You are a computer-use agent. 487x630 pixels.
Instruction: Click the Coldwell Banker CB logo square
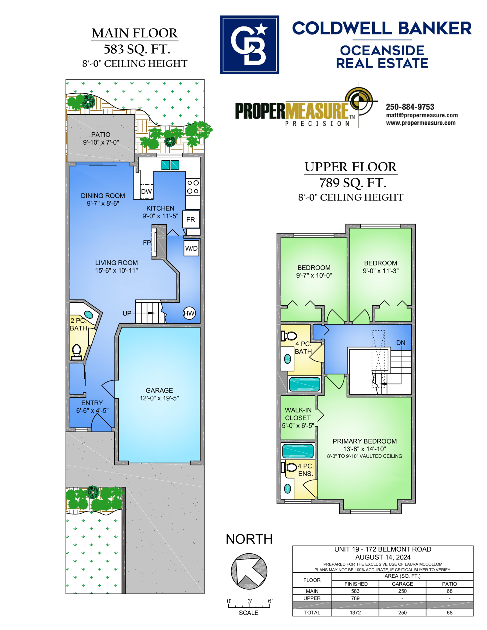(250, 45)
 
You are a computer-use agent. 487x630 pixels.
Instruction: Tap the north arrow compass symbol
(249, 571)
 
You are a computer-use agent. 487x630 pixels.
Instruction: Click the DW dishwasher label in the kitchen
(146, 191)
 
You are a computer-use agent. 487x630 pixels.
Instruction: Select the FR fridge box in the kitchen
(191, 219)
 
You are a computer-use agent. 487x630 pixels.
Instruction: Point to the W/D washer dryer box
(191, 248)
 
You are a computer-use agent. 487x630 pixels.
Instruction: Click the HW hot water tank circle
(189, 313)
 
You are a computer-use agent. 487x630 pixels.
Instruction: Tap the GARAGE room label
(159, 390)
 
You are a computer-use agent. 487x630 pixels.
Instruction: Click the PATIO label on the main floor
(101, 134)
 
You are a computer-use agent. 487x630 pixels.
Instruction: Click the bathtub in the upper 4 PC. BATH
(304, 384)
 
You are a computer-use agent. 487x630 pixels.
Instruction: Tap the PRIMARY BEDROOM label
(365, 441)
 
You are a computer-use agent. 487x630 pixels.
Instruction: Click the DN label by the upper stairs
(401, 343)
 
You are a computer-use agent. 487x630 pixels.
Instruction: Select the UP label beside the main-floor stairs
(127, 313)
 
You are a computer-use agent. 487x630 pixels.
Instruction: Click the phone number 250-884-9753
(410, 107)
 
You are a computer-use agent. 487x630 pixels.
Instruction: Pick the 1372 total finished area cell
(355, 613)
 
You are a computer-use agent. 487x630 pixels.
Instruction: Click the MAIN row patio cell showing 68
(450, 591)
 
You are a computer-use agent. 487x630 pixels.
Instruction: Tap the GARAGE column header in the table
(402, 584)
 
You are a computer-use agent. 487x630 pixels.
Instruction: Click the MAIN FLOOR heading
(135, 33)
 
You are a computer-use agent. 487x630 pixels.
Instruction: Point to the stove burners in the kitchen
(193, 187)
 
